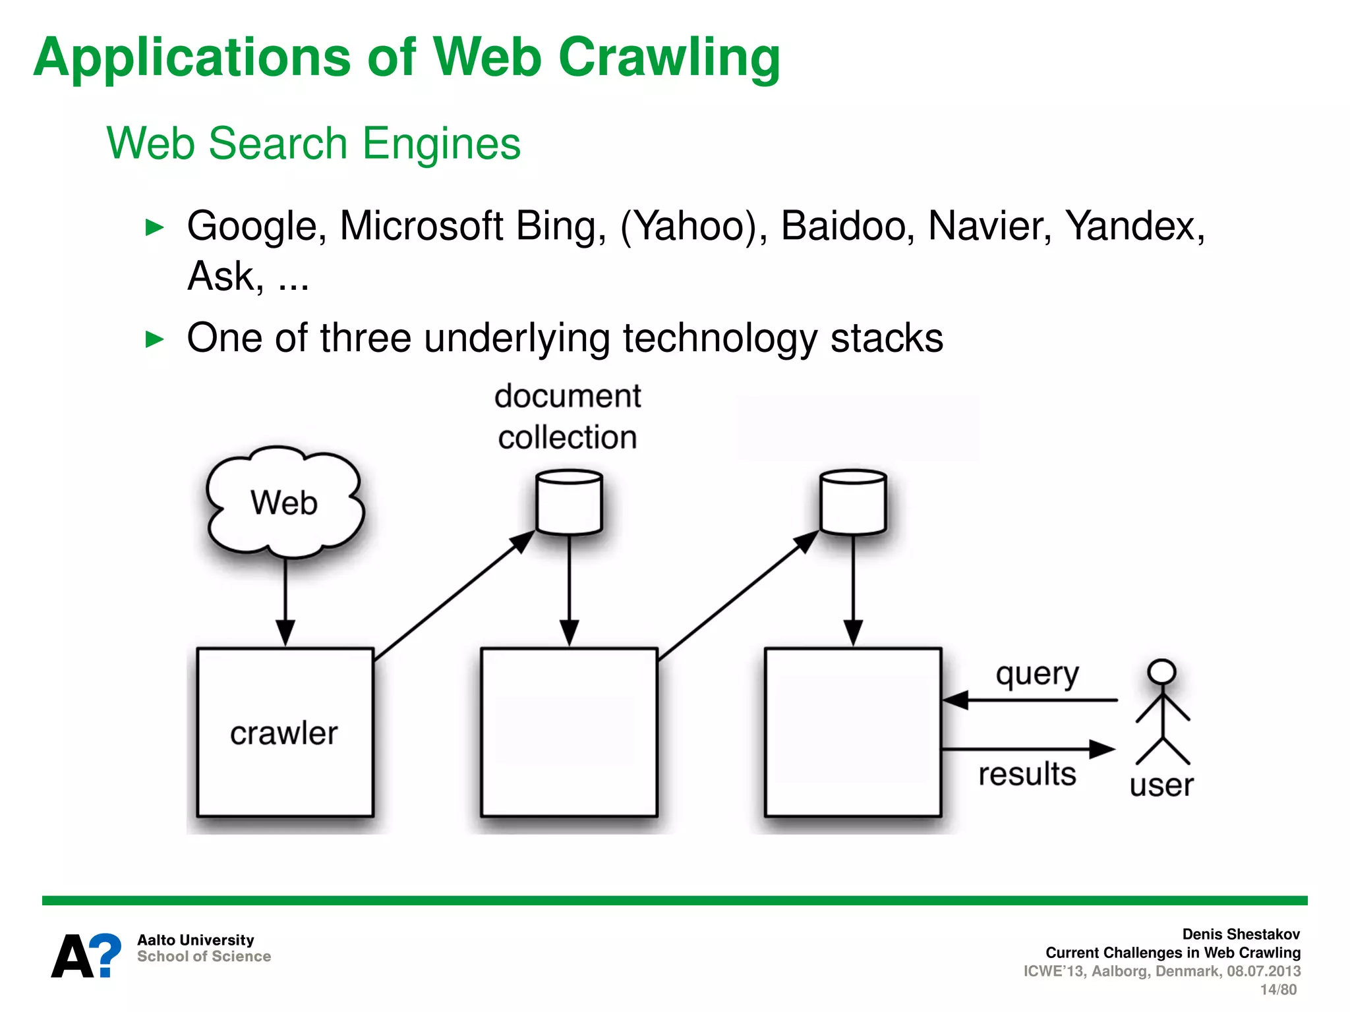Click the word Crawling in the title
click(669, 58)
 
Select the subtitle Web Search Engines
click(314, 144)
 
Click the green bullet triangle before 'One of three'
click(154, 339)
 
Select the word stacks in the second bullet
click(887, 338)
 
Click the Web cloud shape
click(284, 503)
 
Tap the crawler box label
click(284, 733)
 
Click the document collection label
click(568, 416)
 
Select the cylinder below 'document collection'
click(569, 502)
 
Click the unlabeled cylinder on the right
click(853, 502)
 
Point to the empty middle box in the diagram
click(569, 732)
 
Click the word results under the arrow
click(1027, 774)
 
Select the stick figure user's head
click(1161, 671)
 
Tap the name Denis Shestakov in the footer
click(1241, 934)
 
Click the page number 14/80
click(1278, 990)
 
